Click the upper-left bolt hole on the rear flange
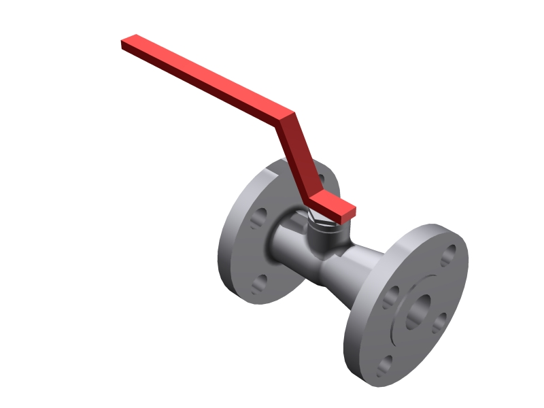[x=258, y=219]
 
